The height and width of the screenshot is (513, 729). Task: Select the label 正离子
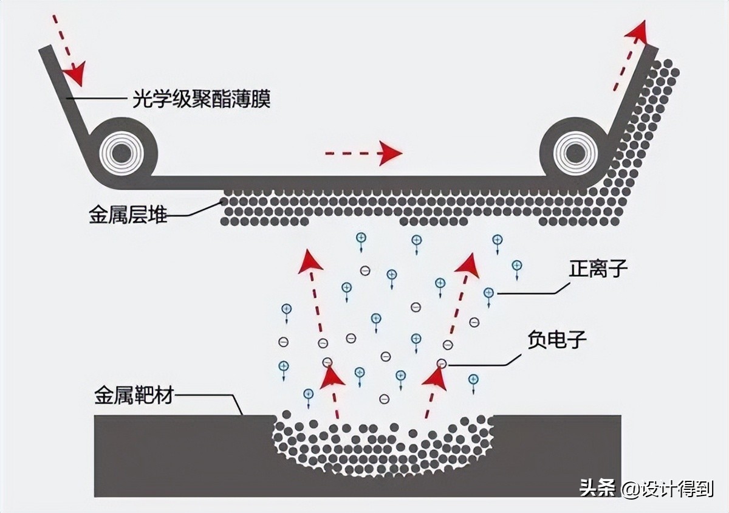click(x=598, y=269)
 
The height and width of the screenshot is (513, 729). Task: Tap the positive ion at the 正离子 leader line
click(x=488, y=293)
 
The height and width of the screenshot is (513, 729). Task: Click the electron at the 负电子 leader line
click(x=442, y=364)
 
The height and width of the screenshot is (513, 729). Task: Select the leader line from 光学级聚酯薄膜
click(x=97, y=98)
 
